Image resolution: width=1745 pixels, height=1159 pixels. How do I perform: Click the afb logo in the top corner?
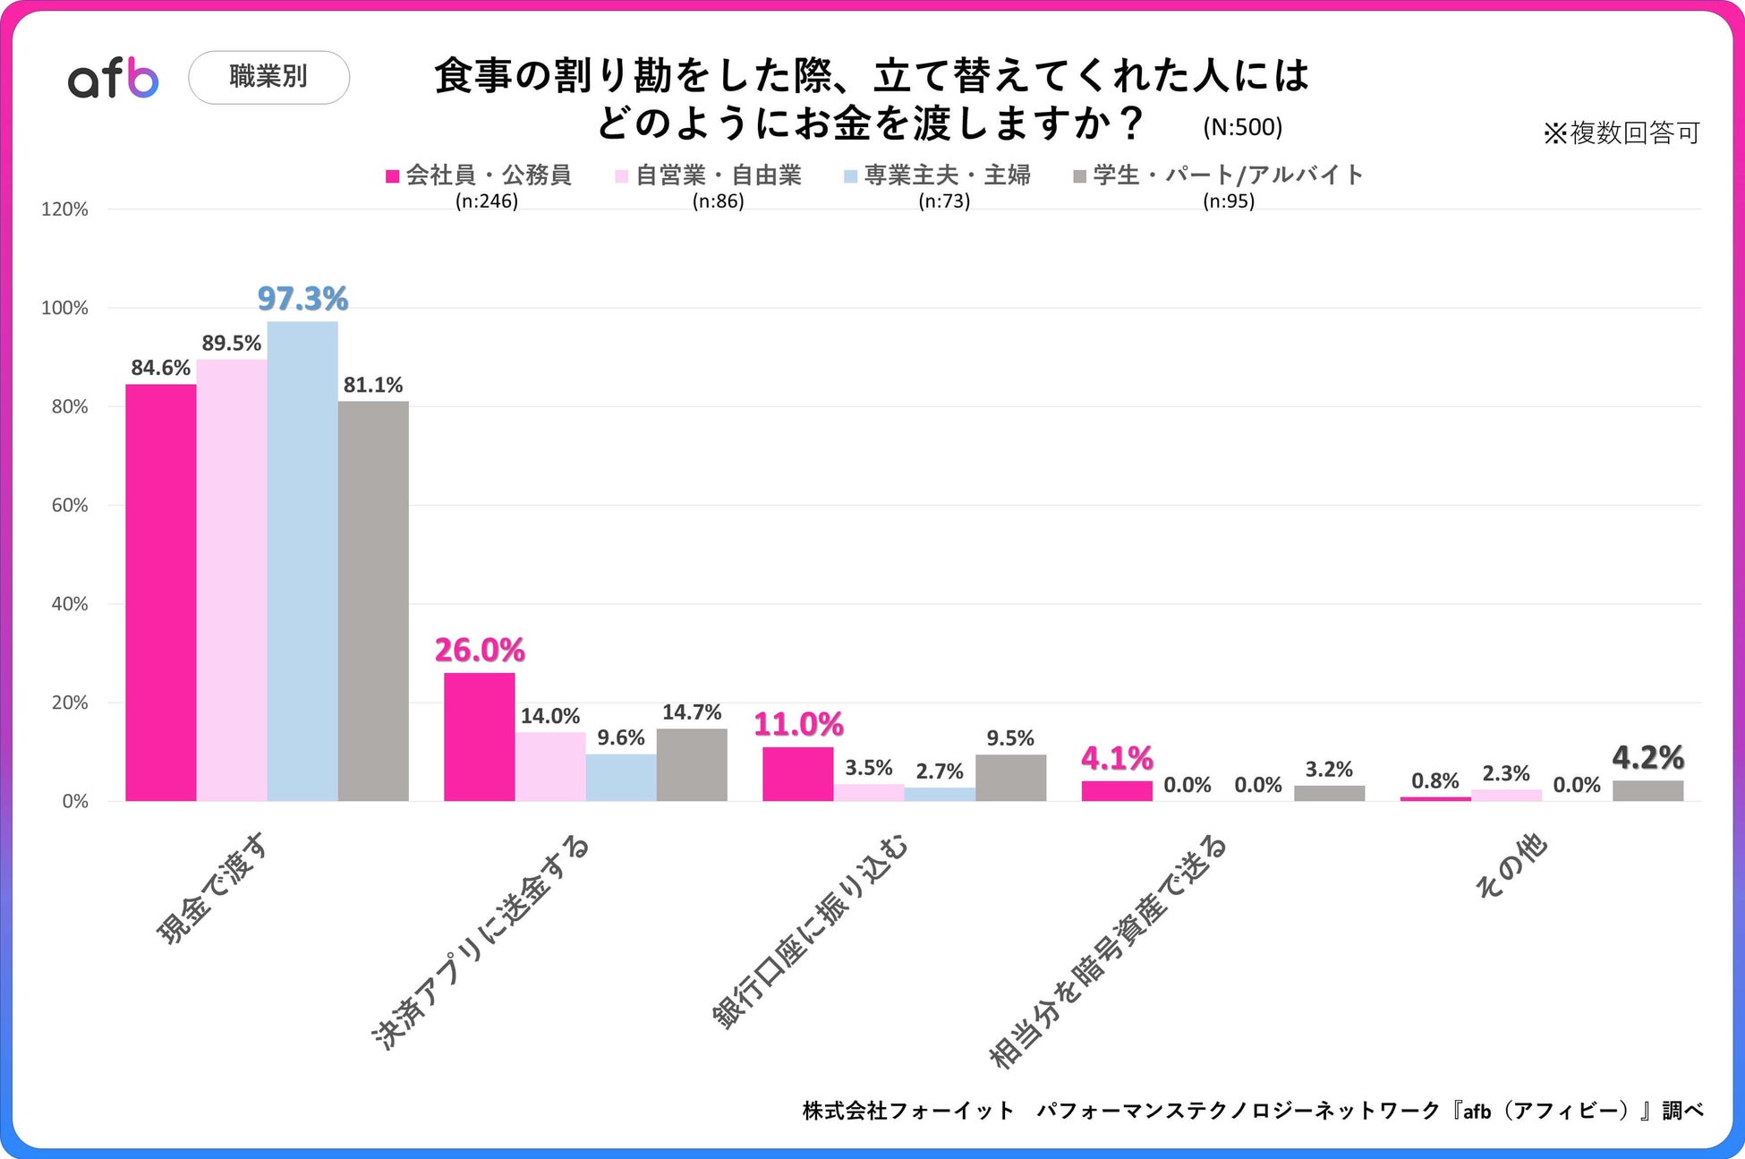point(114,79)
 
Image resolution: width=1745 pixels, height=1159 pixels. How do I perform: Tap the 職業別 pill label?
point(268,77)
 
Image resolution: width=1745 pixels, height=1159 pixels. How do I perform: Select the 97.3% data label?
point(302,299)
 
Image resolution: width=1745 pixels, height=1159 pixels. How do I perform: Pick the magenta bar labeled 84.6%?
point(161,592)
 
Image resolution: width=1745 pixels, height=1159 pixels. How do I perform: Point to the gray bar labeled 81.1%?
point(373,601)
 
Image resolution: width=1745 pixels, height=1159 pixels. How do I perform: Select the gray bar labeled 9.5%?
point(1010,778)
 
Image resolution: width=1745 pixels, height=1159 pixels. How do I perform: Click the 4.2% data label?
point(1647,759)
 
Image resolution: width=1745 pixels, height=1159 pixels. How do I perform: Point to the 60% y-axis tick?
point(70,506)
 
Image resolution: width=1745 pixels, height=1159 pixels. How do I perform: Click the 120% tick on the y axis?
point(65,209)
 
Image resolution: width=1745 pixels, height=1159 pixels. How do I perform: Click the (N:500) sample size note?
point(1242,127)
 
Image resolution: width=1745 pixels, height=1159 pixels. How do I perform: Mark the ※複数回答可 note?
point(1621,133)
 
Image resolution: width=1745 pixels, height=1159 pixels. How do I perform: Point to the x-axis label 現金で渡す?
point(211,889)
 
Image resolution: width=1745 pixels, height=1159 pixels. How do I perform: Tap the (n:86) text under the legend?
point(718,201)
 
